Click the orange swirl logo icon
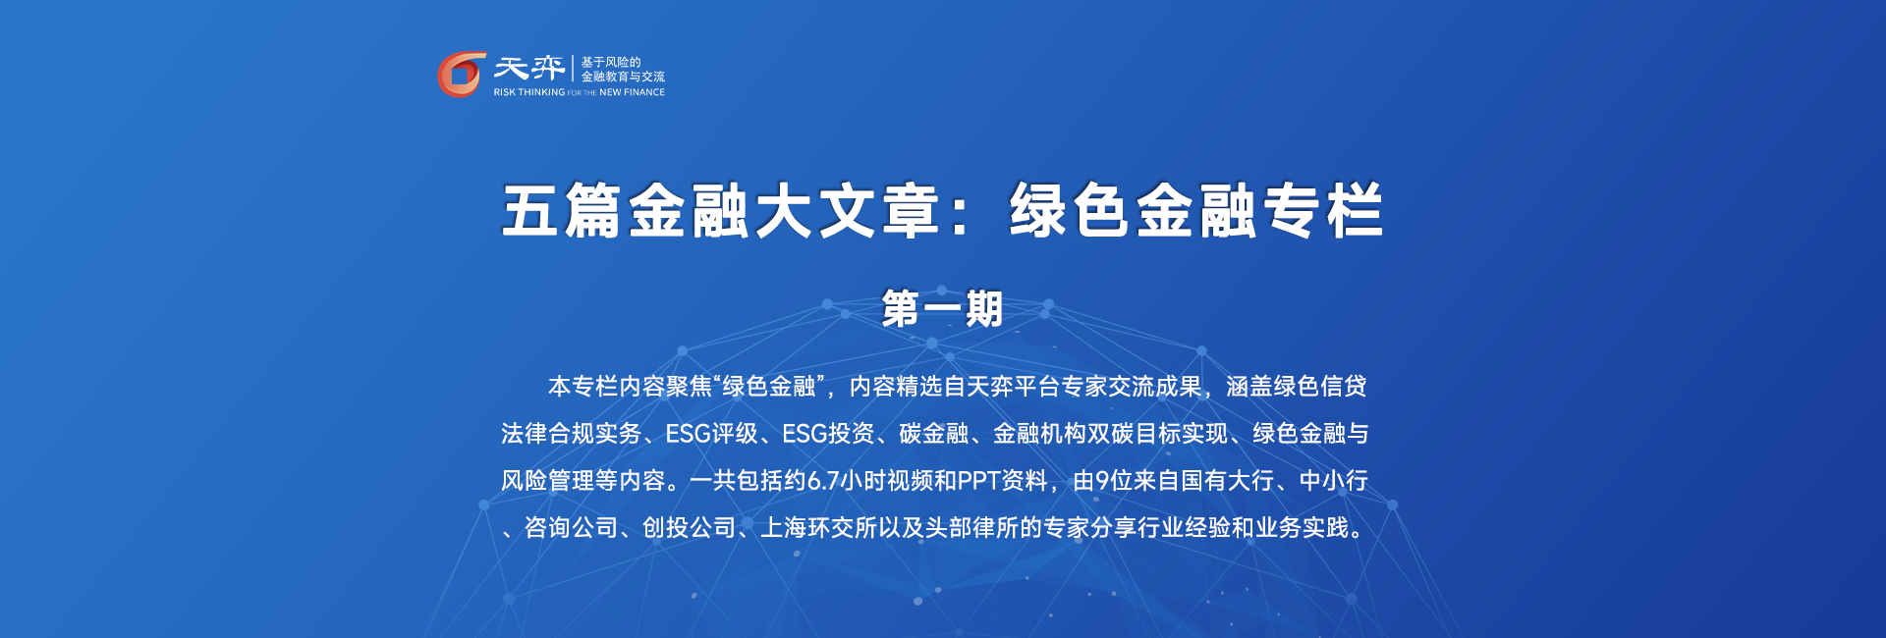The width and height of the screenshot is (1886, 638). click(461, 75)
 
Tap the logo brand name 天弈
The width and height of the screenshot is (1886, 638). click(529, 68)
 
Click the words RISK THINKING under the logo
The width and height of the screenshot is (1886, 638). click(529, 92)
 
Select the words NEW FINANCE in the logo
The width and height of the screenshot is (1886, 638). click(632, 92)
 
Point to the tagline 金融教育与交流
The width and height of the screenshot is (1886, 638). click(623, 77)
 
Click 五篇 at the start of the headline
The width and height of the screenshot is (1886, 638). click(561, 211)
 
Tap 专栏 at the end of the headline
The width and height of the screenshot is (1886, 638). click(1323, 211)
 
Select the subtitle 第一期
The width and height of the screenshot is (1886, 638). click(942, 309)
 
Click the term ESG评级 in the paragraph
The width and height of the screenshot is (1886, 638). click(712, 434)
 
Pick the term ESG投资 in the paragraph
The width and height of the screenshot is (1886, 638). click(829, 434)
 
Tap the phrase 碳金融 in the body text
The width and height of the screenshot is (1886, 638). click(934, 434)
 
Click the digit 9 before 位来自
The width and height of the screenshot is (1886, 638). click(1102, 481)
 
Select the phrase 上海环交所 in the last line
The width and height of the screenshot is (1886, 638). click(819, 528)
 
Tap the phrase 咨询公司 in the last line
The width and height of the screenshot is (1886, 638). click(571, 528)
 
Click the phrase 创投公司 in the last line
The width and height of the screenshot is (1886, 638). click(689, 528)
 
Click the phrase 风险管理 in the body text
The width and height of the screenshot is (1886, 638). click(548, 481)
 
